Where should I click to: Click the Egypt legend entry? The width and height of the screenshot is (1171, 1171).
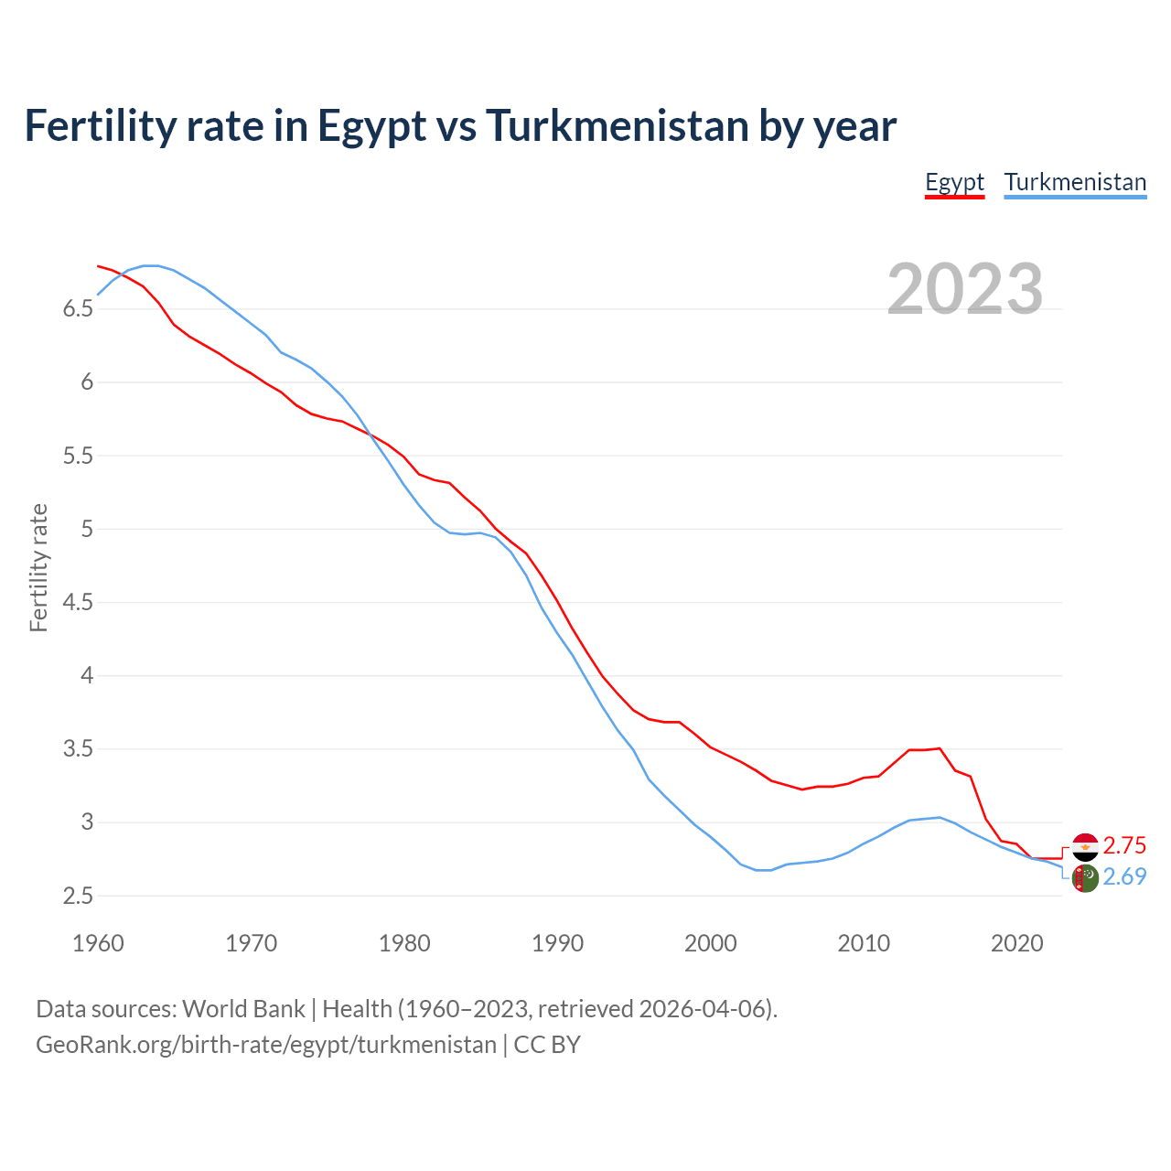954,182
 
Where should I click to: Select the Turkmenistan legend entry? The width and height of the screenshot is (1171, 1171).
1075,182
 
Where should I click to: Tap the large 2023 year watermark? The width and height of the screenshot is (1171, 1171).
965,289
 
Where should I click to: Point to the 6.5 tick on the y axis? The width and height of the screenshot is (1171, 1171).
78,309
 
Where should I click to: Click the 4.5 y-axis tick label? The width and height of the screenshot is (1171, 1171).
78,602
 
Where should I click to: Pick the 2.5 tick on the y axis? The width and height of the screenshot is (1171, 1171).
78,896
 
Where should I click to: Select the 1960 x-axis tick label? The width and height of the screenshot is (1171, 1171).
98,943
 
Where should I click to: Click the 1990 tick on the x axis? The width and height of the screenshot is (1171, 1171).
557,943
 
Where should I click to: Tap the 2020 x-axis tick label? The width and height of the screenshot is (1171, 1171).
1016,943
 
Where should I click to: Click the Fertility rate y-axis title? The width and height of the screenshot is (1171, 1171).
38,567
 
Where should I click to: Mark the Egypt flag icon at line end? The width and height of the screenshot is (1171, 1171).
1085,847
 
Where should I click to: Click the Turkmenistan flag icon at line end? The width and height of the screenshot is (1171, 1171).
1085,878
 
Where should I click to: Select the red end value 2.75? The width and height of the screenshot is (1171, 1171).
1124,845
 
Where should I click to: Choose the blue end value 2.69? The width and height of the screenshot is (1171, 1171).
1124,876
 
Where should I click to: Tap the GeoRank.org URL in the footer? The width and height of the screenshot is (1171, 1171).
265,1045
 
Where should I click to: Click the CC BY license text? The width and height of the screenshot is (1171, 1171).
547,1045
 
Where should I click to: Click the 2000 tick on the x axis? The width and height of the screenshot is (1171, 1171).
711,943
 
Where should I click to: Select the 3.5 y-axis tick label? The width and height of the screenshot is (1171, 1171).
78,749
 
